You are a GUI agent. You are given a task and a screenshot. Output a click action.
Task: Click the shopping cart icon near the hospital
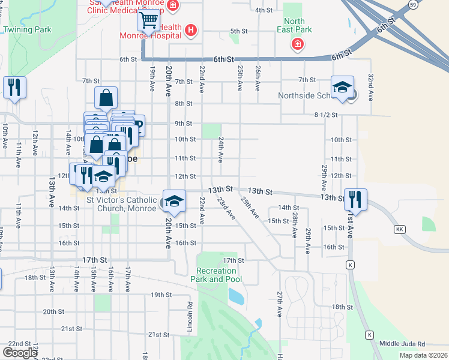(x=148, y=21)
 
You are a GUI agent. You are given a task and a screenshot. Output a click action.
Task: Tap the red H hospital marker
(x=191, y=29)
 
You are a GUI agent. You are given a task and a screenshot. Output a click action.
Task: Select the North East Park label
(x=294, y=25)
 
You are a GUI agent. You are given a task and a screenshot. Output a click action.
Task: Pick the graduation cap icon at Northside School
(x=342, y=87)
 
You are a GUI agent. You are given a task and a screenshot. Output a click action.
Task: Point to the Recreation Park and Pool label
(x=217, y=275)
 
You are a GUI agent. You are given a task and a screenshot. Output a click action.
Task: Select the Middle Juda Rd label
(x=402, y=344)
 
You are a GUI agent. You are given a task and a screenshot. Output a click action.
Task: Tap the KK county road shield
(x=399, y=230)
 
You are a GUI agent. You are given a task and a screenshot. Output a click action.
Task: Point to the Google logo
(x=20, y=353)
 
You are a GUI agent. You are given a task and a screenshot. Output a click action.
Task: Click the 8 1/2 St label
(x=326, y=114)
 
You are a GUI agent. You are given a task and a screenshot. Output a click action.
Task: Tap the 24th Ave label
(x=221, y=149)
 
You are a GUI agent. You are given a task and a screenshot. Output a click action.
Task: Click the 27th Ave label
(x=280, y=304)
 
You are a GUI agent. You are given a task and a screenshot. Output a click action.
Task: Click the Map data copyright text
(x=423, y=355)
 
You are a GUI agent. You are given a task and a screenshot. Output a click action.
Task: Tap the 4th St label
(x=264, y=10)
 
